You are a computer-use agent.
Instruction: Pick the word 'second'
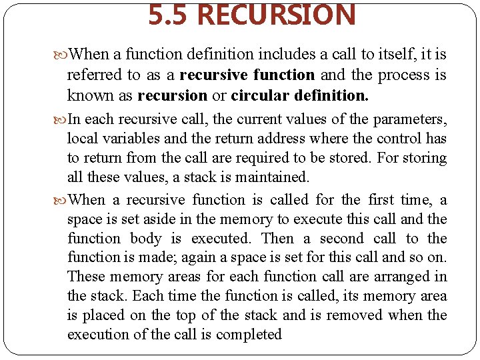tap(341, 239)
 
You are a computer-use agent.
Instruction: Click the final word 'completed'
tap(250, 334)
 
